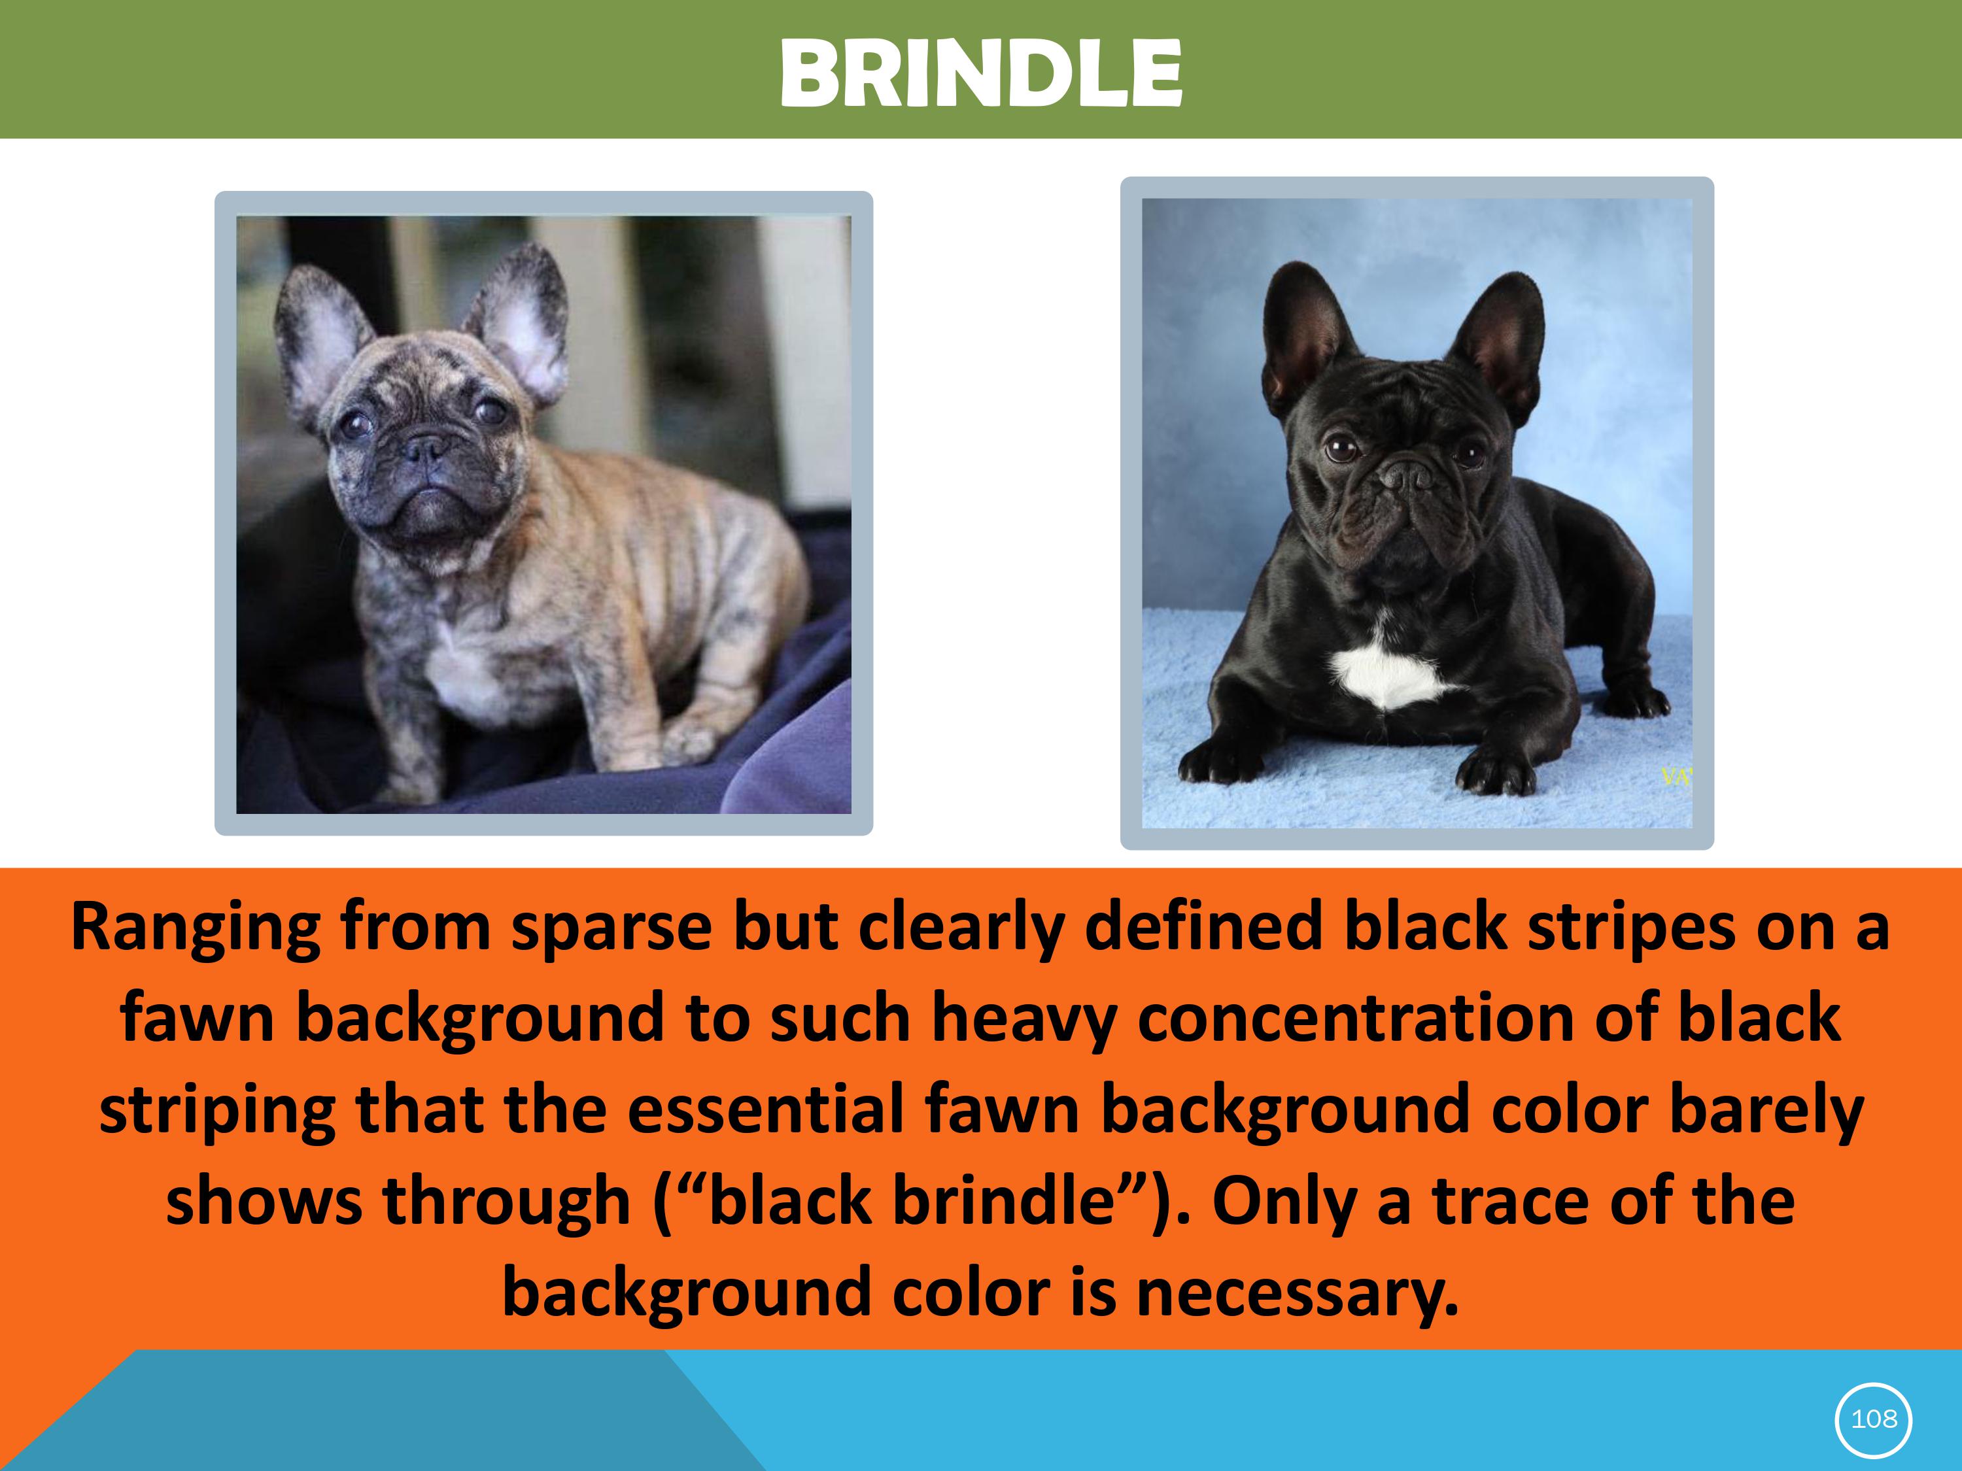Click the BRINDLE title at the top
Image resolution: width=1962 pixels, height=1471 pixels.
point(981,73)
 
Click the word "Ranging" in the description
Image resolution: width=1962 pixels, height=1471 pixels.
point(195,928)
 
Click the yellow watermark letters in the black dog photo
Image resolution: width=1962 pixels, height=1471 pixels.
point(1676,777)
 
